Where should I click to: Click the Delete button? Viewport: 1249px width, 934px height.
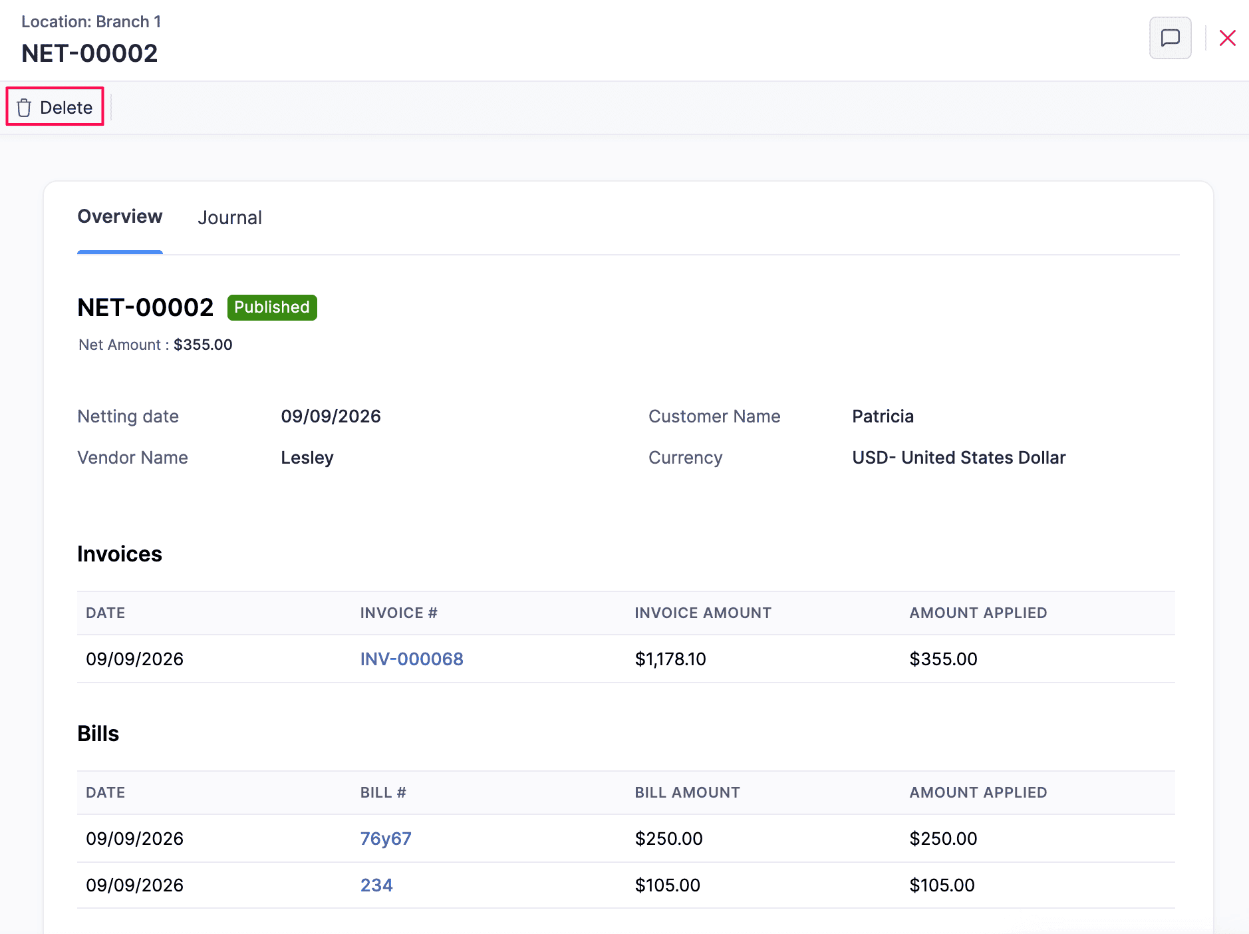[55, 107]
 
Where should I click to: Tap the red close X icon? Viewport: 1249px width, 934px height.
[1227, 38]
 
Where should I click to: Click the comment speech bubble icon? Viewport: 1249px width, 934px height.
[1170, 38]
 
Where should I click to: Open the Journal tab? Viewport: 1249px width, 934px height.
[229, 218]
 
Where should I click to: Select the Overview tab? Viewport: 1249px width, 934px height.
[120, 217]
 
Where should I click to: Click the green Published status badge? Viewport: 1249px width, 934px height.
[272, 307]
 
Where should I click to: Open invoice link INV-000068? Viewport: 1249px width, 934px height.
[412, 659]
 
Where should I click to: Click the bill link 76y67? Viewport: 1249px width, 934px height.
[386, 838]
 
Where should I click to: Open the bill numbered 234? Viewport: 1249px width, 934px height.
[376, 885]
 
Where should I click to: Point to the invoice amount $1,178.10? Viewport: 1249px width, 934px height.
[670, 659]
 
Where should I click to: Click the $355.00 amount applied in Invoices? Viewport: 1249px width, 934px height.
[943, 659]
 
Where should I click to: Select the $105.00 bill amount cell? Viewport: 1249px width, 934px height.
[667, 885]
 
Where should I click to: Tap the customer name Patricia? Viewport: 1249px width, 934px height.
[883, 416]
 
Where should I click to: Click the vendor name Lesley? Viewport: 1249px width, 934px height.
[307, 458]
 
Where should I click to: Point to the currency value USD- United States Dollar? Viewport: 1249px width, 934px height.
[958, 458]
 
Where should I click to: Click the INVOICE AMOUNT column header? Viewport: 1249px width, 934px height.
[703, 613]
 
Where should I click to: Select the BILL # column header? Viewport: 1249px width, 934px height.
[383, 792]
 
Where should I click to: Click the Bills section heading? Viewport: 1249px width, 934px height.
[98, 733]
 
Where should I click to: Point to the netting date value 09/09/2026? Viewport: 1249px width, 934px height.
[331, 416]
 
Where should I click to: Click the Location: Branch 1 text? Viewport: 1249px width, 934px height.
[91, 21]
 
